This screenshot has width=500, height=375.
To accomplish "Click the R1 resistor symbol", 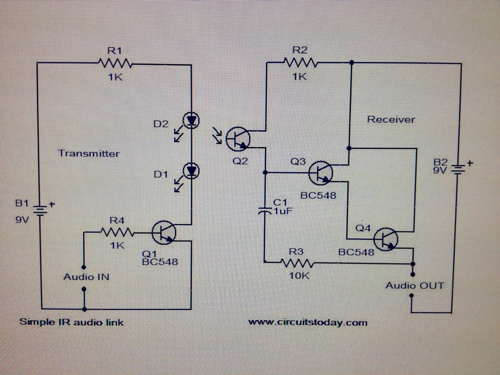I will (116, 63).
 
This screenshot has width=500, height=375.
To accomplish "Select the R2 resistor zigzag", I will (300, 62).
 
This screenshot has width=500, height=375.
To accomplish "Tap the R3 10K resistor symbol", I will (298, 263).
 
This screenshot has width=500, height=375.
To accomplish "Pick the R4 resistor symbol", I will (118, 233).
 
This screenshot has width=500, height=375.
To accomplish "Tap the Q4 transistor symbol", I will (386, 239).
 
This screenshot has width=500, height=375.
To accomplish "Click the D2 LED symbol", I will (191, 120).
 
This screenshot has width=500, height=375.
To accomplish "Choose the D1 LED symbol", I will (191, 171).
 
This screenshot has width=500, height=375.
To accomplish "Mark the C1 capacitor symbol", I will (265, 211).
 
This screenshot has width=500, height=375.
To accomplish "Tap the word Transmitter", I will (89, 153).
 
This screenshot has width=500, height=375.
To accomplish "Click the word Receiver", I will (391, 120).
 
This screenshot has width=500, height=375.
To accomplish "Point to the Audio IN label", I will (86, 277).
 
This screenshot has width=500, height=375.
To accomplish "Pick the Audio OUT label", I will (415, 286).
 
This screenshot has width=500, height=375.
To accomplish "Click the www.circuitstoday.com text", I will (308, 323).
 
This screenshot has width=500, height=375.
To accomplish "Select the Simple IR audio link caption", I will (71, 322).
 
